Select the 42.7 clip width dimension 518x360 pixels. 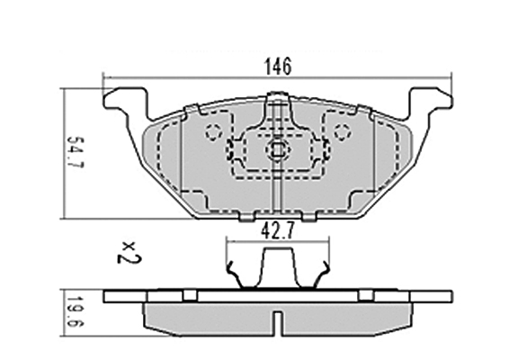(x=277, y=230)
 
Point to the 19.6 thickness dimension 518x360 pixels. (x=75, y=310)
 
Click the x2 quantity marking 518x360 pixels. (x=129, y=253)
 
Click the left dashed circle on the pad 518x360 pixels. (x=213, y=132)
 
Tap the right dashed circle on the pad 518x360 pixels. (x=342, y=132)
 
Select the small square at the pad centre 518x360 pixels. (x=278, y=149)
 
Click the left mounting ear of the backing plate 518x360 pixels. (x=125, y=103)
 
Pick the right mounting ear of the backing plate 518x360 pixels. (x=431, y=103)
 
